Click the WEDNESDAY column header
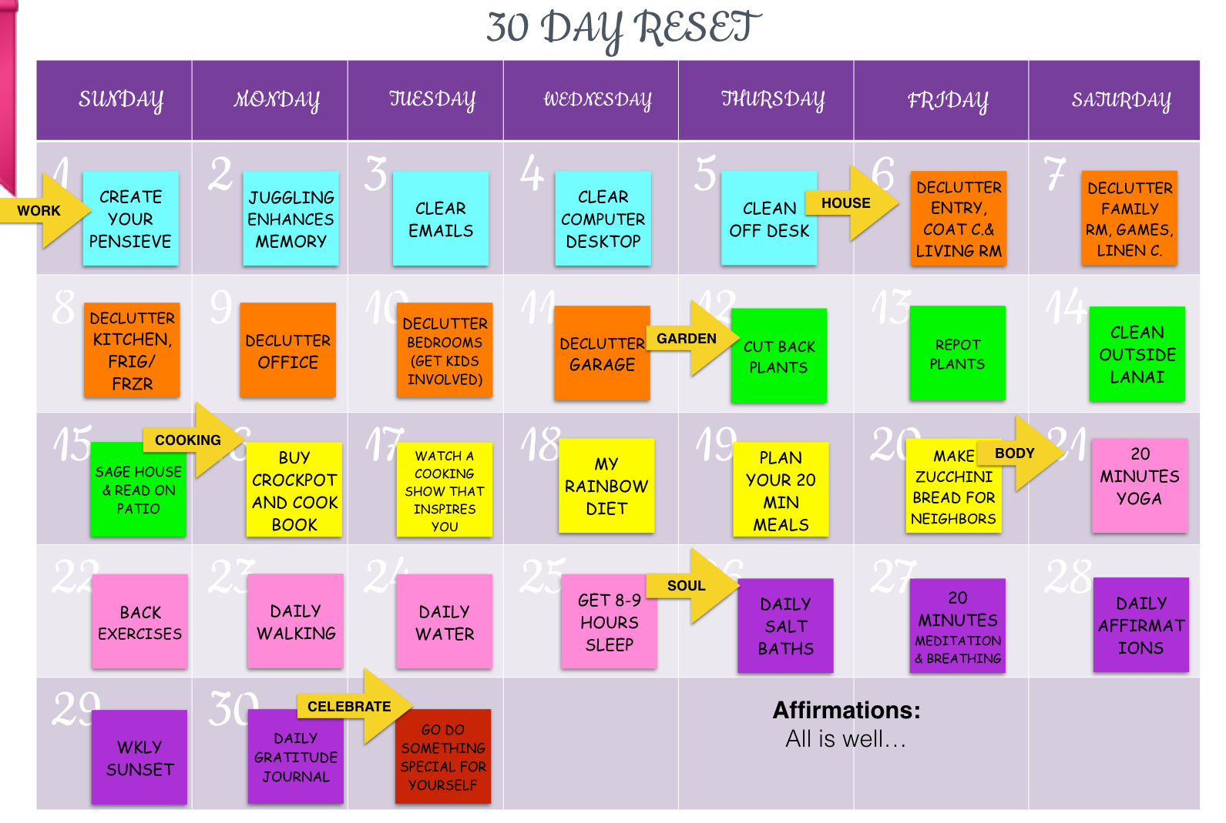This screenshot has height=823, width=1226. (597, 100)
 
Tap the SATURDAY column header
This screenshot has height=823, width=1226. (1120, 100)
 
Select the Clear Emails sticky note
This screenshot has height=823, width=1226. (441, 219)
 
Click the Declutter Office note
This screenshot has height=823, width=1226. (287, 350)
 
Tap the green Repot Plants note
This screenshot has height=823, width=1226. (957, 353)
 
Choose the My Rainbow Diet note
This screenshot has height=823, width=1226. (606, 486)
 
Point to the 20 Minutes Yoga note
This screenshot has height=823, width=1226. (1140, 485)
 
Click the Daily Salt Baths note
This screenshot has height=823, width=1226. (785, 626)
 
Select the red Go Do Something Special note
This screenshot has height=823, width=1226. (443, 757)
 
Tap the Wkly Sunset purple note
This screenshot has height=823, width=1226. (139, 758)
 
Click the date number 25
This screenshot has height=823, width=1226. (541, 575)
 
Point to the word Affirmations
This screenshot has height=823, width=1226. (846, 710)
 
